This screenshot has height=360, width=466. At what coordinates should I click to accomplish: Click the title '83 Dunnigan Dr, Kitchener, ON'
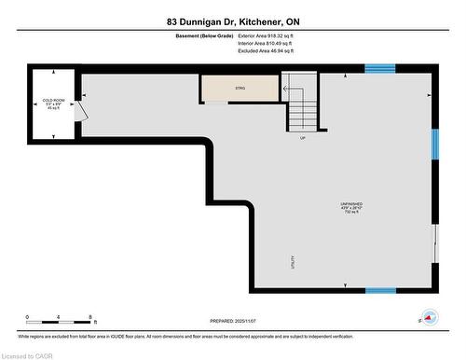[x=233, y=21]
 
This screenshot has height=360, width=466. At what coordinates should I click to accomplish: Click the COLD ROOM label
[x=53, y=100]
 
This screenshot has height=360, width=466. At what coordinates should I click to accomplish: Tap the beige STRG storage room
[x=239, y=88]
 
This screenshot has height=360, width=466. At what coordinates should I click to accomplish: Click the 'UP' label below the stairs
[x=303, y=138]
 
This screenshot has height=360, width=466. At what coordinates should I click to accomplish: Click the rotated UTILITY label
[x=293, y=261]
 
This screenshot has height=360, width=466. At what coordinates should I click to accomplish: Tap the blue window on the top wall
[x=378, y=68]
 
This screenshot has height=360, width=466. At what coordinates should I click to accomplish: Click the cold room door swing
[x=82, y=111]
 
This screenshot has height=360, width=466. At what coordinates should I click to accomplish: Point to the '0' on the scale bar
[x=27, y=317]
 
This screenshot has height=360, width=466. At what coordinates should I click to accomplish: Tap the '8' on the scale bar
[x=89, y=317]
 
